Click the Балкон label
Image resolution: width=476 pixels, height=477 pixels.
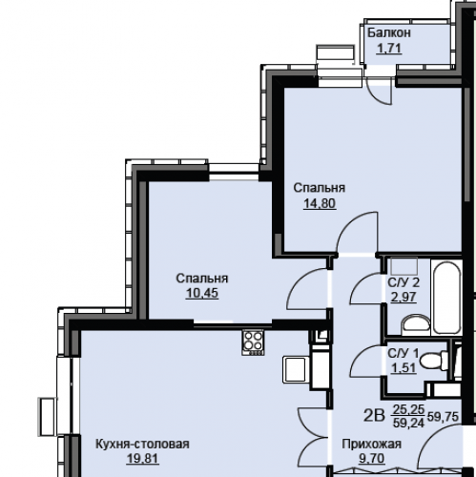pos(389,32)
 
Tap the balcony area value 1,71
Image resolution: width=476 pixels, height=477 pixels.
pos(389,49)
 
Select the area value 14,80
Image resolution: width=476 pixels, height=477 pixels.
pos(320,203)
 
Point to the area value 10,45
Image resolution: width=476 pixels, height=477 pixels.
pos(202,293)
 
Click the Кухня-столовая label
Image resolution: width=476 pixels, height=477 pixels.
pos(142,444)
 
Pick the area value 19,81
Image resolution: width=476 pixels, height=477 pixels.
pos(142,459)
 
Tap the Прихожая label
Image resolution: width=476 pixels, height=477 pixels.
pos(372,445)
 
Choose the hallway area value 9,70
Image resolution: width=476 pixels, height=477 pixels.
pos(372,459)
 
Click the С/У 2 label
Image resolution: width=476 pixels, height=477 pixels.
pos(404,282)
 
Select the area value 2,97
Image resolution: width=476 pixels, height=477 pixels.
pos(404,297)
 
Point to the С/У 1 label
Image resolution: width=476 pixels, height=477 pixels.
pos(404,353)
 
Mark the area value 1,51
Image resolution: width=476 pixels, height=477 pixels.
pos(404,368)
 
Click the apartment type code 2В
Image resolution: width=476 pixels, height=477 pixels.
pos(374,416)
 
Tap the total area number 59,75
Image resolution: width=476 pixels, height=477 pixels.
pos(444,416)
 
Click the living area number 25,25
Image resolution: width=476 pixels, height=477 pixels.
pos(408,409)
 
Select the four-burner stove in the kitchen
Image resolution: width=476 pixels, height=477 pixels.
pos(253,342)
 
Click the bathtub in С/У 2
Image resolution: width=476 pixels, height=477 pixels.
pos(446,298)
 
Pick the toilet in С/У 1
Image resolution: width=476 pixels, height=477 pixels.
pos(434,361)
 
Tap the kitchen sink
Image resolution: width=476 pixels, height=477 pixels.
pos(296,369)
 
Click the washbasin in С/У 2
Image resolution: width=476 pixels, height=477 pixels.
pos(416,324)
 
